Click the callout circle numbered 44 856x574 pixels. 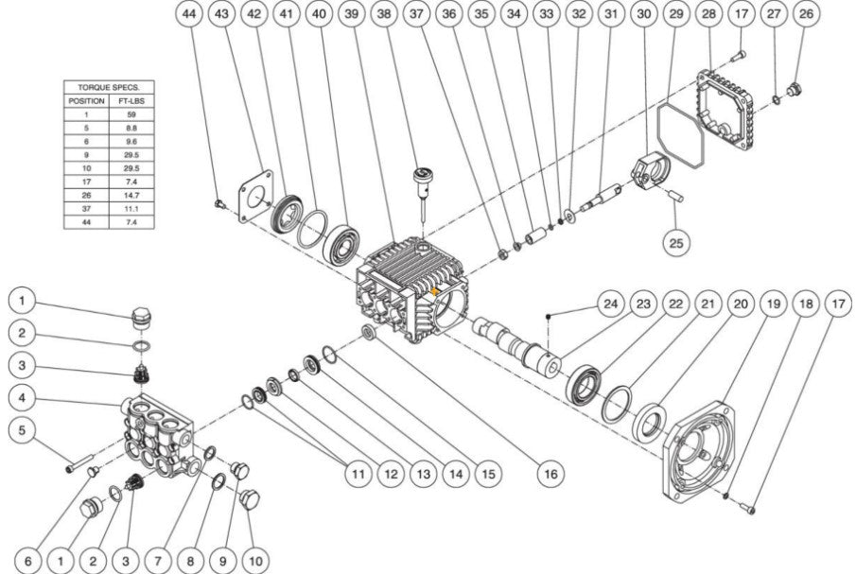click(x=190, y=16)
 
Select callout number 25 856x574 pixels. click(x=675, y=242)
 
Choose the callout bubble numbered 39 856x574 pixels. click(x=352, y=16)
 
